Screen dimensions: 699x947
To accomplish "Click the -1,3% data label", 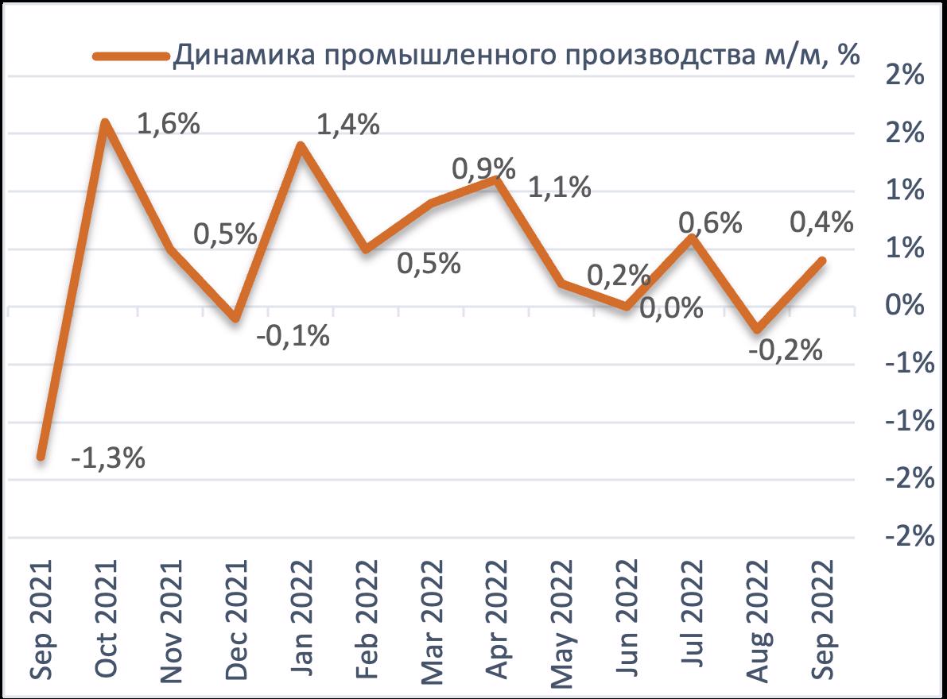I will click(x=108, y=459).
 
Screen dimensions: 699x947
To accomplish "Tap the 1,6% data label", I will click(x=168, y=125).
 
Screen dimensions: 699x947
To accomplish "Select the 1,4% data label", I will click(x=347, y=125).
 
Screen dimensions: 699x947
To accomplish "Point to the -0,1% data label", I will click(x=293, y=337).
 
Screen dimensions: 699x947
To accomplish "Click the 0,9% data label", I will click(x=483, y=168).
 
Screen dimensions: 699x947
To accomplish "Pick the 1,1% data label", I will click(x=560, y=187).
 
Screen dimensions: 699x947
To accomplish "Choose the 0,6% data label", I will click(x=710, y=223).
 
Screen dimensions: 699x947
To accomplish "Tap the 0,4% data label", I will click(x=821, y=223).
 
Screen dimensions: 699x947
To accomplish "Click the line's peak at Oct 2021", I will click(x=106, y=123).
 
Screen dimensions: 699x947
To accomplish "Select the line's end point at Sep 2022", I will click(x=821, y=261).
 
